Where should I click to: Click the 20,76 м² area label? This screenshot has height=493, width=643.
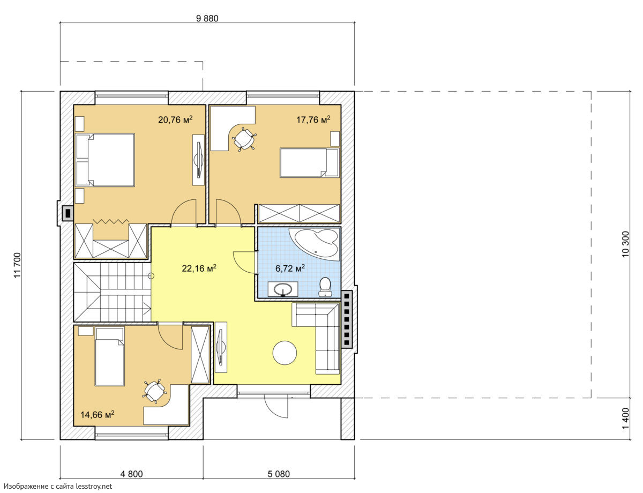coord(175,119)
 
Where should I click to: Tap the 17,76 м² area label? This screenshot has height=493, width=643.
coord(313,119)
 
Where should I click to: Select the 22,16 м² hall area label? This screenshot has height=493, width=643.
coord(199,268)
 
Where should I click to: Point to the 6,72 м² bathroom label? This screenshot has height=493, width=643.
coord(290,268)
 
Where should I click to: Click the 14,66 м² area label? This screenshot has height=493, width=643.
coord(98,415)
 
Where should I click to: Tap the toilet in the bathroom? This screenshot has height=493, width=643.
coord(325,287)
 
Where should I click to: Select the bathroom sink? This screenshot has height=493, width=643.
coord(283,289)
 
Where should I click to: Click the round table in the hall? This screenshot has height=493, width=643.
coord(285,353)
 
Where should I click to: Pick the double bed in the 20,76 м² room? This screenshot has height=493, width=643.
coord(106,160)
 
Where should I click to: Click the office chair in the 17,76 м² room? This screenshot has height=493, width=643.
coord(244,139)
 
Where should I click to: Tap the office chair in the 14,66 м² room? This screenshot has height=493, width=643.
coord(154,391)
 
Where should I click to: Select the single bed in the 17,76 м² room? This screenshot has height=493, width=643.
coord(309,163)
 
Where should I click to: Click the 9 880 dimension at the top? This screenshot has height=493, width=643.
coord(207,18)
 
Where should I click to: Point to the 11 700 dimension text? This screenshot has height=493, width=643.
coord(17,265)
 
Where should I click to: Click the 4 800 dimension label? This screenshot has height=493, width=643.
coord(131,474)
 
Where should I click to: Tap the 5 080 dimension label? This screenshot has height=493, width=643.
coord(279,474)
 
